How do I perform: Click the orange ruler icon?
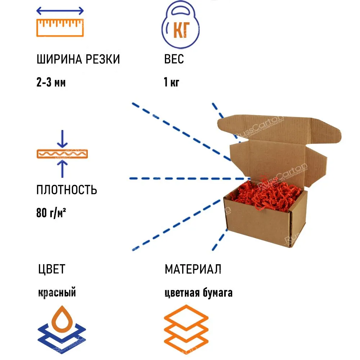coord(60,28)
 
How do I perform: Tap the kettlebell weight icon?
coord(181,25)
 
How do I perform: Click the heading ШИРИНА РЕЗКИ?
coord(78,59)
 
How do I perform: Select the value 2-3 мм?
coord(51,82)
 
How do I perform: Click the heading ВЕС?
coord(174,59)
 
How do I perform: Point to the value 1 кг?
coord(171,82)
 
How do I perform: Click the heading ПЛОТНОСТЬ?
coord(67,190)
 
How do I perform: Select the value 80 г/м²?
coord(51,213)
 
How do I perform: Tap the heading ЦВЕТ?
coord(51,269)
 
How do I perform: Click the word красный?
coord(57,292)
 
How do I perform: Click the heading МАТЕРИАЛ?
coord(193,269)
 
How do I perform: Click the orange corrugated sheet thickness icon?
coord(62,154)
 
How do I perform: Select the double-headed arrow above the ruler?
coord(60,11)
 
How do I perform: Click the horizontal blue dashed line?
coord(190,179)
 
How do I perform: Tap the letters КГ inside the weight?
coord(181,30)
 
